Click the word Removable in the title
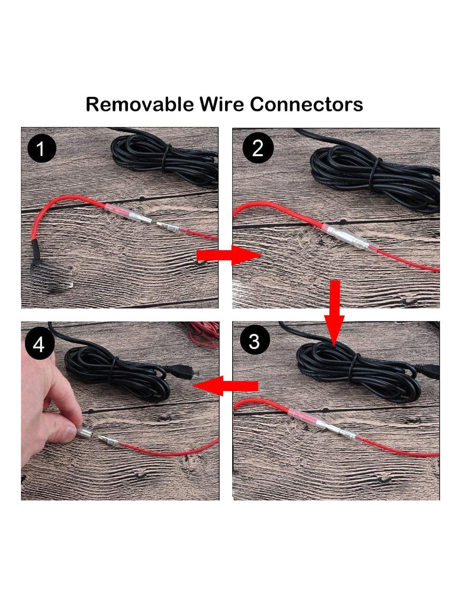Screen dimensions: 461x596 (x=140, y=104)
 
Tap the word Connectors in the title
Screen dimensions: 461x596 (x=306, y=104)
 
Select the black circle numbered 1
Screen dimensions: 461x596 (x=42, y=149)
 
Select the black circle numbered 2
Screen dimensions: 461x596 (x=258, y=148)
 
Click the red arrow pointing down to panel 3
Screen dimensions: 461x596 (x=334, y=313)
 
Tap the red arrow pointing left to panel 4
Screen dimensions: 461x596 (x=225, y=386)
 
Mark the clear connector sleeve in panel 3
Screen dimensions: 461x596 (x=324, y=424)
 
